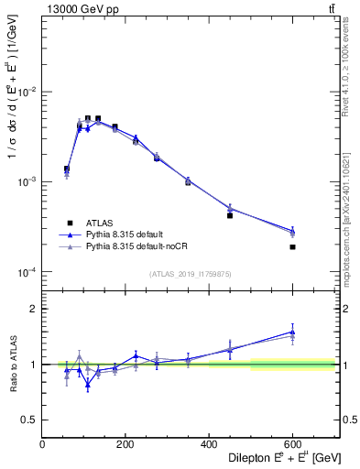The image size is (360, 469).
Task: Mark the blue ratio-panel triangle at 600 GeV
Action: click(x=292, y=333)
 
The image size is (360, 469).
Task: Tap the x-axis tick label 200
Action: click(x=125, y=444)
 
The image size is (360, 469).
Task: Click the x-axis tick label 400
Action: click(x=209, y=444)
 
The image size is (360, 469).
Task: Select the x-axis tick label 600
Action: click(x=292, y=444)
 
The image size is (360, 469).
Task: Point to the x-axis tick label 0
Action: click(x=42, y=444)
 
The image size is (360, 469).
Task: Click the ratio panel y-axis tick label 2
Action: click(x=33, y=309)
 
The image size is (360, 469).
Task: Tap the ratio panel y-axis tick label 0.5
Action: click(x=27, y=420)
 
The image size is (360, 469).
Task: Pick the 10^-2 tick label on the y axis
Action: click(x=26, y=93)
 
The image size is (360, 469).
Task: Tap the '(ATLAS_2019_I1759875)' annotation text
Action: click(x=190, y=274)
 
